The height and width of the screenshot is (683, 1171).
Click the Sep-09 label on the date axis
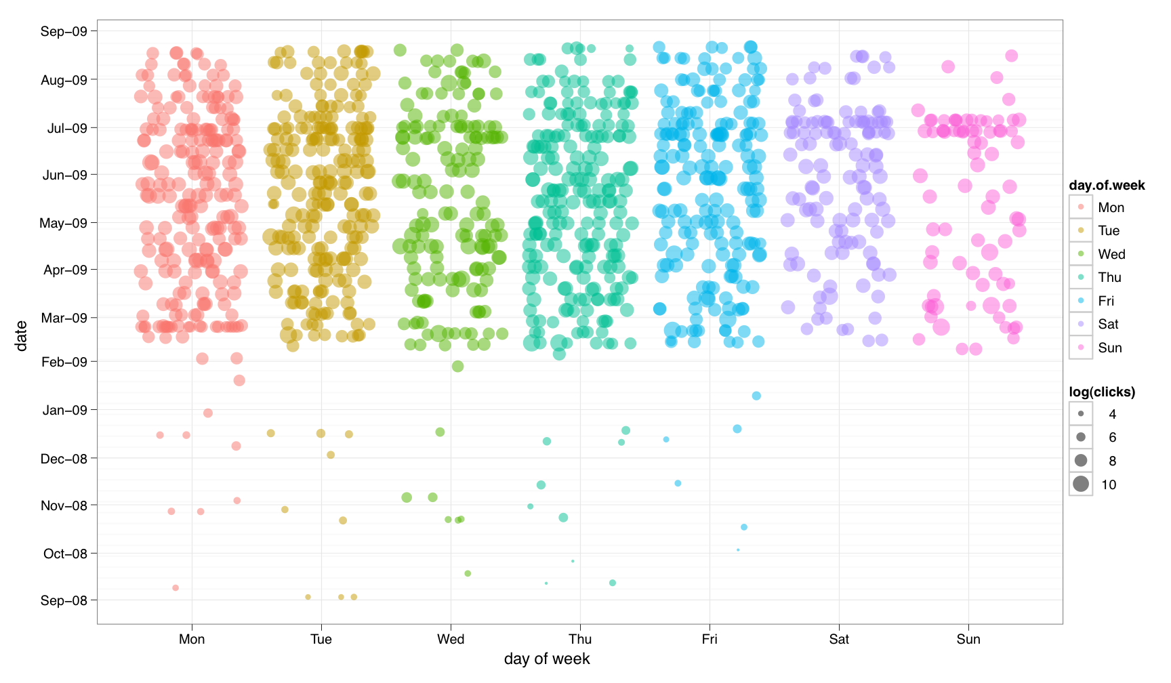point(64,31)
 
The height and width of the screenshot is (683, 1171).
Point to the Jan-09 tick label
point(64,410)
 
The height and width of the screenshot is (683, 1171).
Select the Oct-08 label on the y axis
point(65,554)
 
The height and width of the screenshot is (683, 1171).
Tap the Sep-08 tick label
point(64,600)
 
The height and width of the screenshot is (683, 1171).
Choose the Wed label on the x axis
point(451,639)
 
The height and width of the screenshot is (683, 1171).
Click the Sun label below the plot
point(968,639)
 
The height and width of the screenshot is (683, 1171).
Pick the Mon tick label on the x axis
point(192,639)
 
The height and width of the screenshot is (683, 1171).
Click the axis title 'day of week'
point(547,659)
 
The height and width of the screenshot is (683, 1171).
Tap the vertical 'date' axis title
point(22,336)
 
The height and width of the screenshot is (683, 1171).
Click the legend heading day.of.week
point(1107,186)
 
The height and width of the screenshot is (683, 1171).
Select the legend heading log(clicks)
point(1102,392)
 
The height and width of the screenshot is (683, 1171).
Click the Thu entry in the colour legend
point(1110,277)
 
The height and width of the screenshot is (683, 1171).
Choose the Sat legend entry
point(1109,324)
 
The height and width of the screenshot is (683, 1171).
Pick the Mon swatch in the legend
point(1081,207)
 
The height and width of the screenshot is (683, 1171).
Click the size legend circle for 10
point(1081,484)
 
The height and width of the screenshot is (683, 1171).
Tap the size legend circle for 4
point(1081,413)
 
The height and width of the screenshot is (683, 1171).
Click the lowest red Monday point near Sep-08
point(176,587)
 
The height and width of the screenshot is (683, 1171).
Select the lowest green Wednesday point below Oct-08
point(468,573)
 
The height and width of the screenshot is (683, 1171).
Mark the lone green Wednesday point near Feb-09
point(457,367)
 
